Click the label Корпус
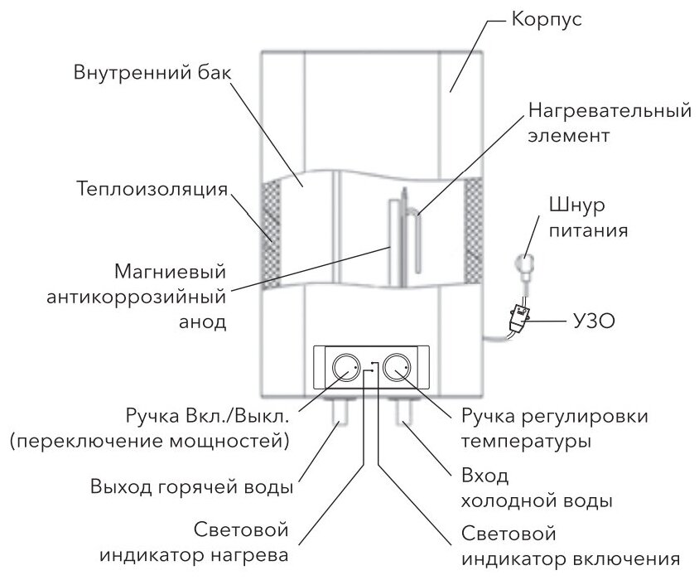point(547,20)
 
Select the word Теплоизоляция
point(151,190)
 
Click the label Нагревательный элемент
point(608,121)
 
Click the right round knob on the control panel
point(398,368)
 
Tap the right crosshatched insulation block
point(473,230)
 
